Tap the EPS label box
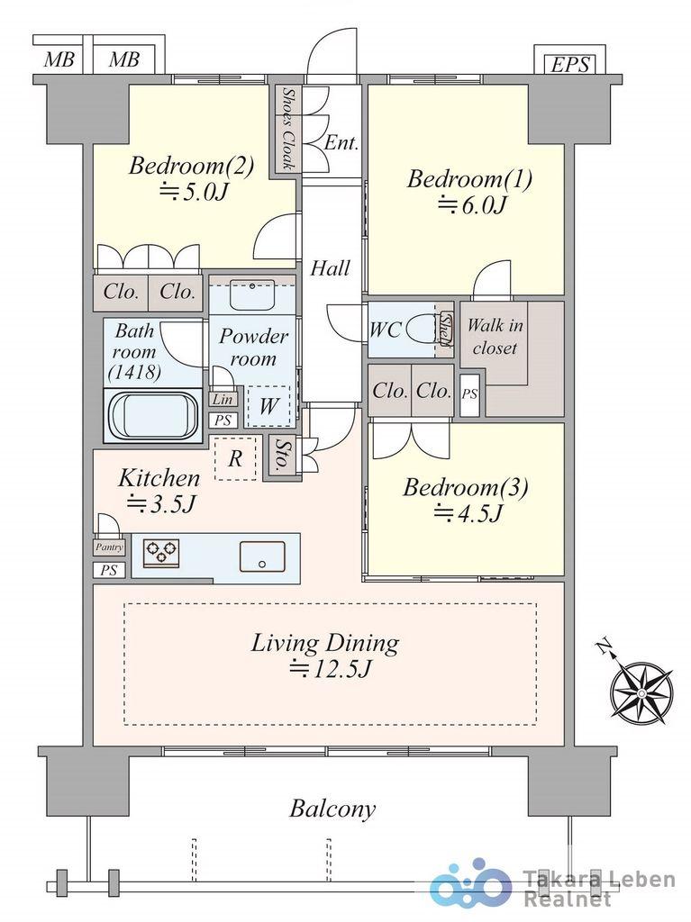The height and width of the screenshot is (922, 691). coord(569,64)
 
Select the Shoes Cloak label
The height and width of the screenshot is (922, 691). coord(287,128)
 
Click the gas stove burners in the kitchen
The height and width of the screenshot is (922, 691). coord(161,553)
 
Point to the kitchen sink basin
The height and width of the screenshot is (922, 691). coord(262,556)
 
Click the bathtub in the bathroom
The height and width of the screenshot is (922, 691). coord(153,415)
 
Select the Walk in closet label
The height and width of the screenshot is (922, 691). coord(495,337)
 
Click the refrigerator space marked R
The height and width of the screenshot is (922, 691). coord(235,458)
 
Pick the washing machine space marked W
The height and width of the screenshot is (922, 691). coord(268,406)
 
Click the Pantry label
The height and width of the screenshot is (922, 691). coord(109,547)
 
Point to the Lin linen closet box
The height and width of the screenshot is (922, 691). coord(223,400)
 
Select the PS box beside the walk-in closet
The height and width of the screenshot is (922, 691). coord(469,394)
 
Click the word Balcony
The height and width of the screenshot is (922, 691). coord(332,809)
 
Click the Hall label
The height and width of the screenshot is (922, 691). coord(331,268)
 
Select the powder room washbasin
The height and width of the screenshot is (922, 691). coord(252,294)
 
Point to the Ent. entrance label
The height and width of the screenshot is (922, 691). coord(341,143)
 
